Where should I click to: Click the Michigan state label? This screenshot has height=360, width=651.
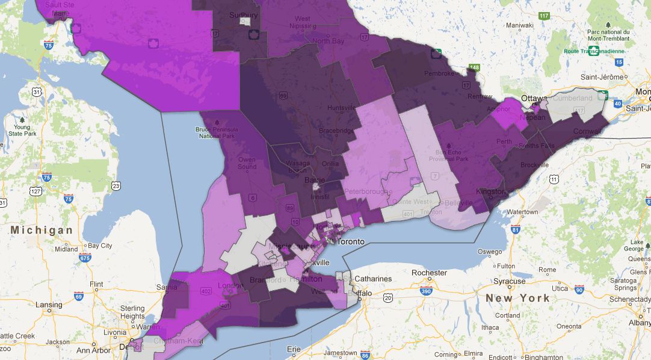point(42,230)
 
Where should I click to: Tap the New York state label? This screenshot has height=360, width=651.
point(517,298)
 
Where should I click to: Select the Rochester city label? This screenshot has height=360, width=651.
point(429,272)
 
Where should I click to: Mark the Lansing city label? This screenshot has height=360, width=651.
point(49,305)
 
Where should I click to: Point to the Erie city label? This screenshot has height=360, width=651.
point(294,349)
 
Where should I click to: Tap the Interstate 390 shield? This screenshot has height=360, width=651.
point(427,291)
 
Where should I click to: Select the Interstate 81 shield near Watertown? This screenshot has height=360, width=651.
point(515,229)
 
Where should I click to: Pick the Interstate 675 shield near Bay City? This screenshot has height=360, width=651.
point(84,258)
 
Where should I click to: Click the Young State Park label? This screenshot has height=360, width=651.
point(22,131)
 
